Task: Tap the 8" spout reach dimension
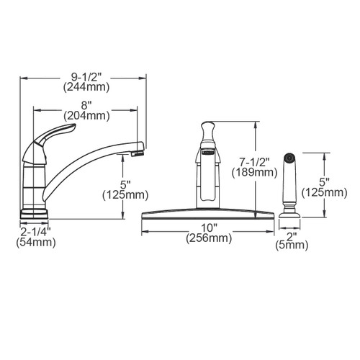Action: click(87, 102)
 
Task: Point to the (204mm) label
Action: click(87, 115)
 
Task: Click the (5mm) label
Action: click(292, 246)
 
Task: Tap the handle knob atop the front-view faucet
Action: click(206, 132)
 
